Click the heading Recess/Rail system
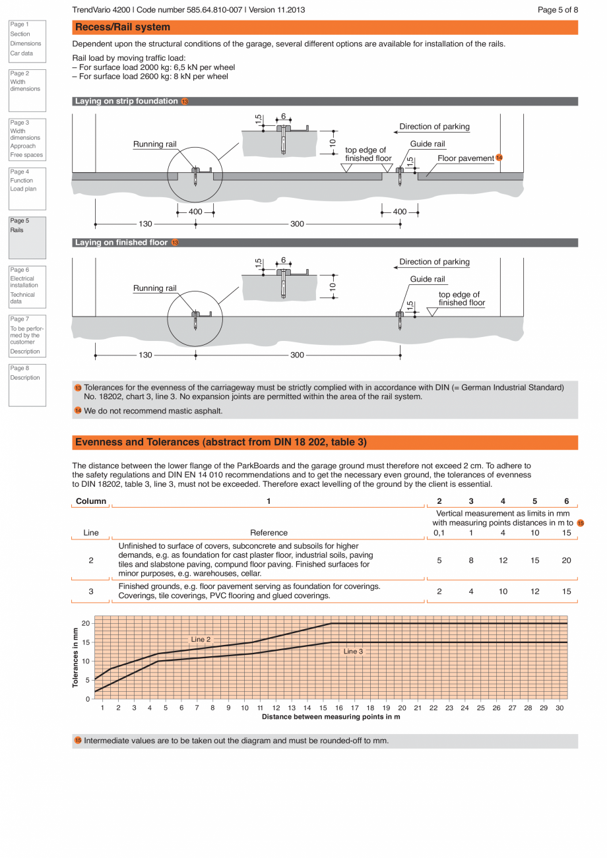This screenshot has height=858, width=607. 123,27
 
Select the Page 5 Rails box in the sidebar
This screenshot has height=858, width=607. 27,237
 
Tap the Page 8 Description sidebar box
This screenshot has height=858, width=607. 27,384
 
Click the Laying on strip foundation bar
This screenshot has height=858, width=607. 127,102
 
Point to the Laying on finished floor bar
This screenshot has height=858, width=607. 121,243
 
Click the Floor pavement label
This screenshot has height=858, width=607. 465,158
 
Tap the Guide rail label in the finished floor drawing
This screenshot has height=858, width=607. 428,279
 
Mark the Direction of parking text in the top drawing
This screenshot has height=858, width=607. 434,127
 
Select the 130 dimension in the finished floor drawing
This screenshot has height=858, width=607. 145,355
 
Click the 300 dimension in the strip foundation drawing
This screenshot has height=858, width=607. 297,224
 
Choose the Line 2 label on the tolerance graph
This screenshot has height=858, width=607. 201,639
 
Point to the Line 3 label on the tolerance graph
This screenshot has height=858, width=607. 353,651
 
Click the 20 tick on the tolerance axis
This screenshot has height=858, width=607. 86,623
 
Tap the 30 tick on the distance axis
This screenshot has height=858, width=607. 559,708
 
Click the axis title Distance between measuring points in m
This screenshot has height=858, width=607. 331,716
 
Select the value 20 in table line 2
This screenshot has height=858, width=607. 566,560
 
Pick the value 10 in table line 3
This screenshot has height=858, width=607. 503,591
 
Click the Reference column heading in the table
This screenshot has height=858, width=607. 269,532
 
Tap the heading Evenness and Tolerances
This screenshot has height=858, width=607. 221,442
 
